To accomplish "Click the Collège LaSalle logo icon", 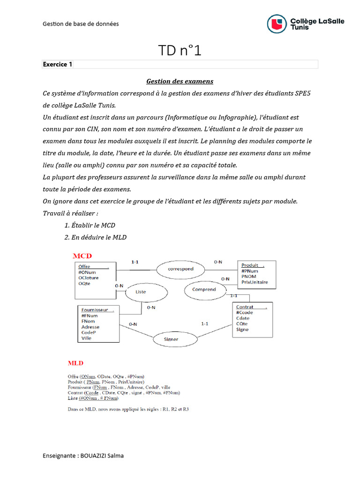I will [x=277, y=24].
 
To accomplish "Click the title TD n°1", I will [x=180, y=51].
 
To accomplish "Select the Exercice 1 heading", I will [x=58, y=64].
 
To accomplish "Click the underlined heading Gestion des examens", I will [x=173, y=81].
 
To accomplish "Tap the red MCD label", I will [x=82, y=256].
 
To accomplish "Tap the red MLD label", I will [x=75, y=363].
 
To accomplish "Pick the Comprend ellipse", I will [x=204, y=290].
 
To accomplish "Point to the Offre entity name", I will [x=85, y=266].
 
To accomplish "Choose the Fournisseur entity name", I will [x=95, y=310].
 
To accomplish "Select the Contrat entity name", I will [x=245, y=307].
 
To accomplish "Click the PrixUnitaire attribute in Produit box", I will [x=255, y=282].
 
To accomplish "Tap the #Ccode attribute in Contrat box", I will [x=244, y=313].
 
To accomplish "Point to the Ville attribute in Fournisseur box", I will [x=86, y=338].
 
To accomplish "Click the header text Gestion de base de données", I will [x=81, y=23].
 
